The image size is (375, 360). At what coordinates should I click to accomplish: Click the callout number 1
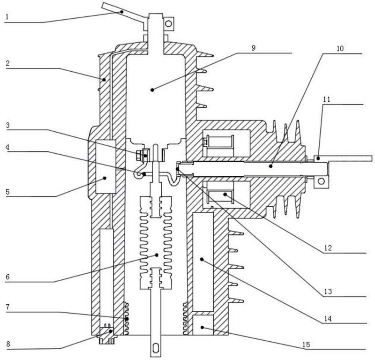coord(7,16)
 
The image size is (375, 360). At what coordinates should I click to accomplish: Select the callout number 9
coord(254,48)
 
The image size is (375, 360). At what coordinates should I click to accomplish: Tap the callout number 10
coord(340,48)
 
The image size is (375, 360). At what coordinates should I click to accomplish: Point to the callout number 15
coord(306,345)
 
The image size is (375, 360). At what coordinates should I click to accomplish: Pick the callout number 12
coord(328,248)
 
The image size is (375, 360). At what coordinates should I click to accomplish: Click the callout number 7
coord(7,307)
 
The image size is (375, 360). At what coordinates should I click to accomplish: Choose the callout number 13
coord(328,292)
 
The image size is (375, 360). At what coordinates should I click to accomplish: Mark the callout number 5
coord(7,192)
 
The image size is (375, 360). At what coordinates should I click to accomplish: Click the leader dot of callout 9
coord(152,90)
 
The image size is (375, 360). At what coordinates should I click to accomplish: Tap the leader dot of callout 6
coord(157,255)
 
